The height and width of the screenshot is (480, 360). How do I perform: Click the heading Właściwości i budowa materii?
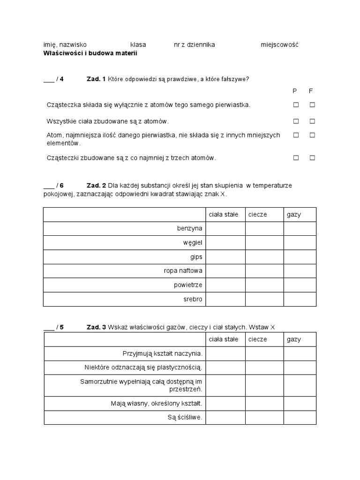coord(90,53)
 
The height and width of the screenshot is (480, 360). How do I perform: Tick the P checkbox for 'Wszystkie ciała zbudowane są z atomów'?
coord(296,121)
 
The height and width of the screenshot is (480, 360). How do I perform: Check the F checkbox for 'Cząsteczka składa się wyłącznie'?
coord(312,105)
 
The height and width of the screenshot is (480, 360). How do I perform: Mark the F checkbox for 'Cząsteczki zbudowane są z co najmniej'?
coord(312,158)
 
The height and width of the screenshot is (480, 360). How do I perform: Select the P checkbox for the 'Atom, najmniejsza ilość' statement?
coord(296,135)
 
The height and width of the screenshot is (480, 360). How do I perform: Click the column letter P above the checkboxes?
coord(295,91)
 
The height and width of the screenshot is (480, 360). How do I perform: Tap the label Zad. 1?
coord(96,79)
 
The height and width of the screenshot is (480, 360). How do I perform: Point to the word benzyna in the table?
coord(190,229)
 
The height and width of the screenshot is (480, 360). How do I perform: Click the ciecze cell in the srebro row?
coord(264,299)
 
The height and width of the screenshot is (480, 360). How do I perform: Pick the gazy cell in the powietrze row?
coord(300,285)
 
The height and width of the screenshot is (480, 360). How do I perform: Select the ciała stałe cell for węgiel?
coord(225,243)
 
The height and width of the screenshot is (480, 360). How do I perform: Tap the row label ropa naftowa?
coord(183,271)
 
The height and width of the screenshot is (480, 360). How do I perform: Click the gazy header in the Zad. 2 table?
coord(294,215)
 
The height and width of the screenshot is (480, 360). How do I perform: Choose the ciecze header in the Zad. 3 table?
coord(258,339)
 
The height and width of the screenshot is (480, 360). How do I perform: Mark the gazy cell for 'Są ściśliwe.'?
coord(300,417)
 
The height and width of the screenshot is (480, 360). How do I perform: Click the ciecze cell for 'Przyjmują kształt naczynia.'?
coord(264,354)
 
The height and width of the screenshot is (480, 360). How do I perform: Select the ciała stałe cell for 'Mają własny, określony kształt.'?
coord(225,403)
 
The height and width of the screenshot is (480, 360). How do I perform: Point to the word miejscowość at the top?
coord(279,45)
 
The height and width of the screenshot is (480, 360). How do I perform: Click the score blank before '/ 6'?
coord(49,186)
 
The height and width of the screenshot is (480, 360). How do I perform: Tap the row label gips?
coord(196,257)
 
